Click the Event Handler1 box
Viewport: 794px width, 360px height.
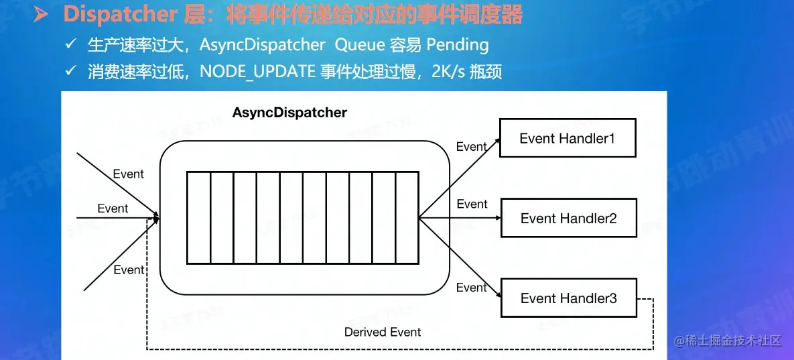pyautogui.click(x=568, y=139)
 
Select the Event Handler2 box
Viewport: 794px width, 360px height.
pyautogui.click(x=568, y=219)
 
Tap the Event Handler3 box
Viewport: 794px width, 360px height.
pyautogui.click(x=568, y=298)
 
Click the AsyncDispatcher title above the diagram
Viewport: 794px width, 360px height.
pyautogui.click(x=289, y=113)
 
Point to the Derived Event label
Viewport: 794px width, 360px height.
pyautogui.click(x=383, y=332)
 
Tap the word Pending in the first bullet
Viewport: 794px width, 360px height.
pyautogui.click(x=458, y=45)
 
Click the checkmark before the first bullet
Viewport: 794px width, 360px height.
pyautogui.click(x=70, y=45)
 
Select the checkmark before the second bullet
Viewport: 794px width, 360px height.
pyautogui.click(x=70, y=71)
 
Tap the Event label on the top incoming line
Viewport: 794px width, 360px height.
pyautogui.click(x=128, y=174)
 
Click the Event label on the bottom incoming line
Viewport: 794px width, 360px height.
pyautogui.click(x=129, y=270)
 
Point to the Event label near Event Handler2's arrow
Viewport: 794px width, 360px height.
pyautogui.click(x=472, y=204)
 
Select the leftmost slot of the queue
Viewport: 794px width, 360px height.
pyautogui.click(x=198, y=218)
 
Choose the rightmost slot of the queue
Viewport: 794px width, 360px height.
pyautogui.click(x=407, y=218)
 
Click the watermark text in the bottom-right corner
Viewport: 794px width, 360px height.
pyautogui.click(x=728, y=341)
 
